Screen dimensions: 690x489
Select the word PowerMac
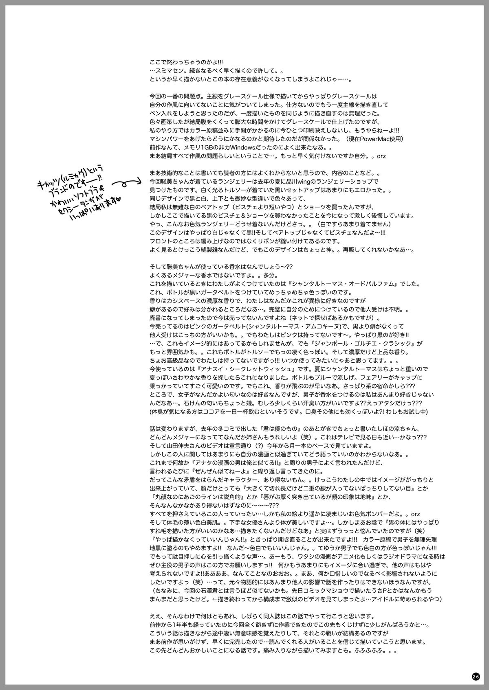378,139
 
